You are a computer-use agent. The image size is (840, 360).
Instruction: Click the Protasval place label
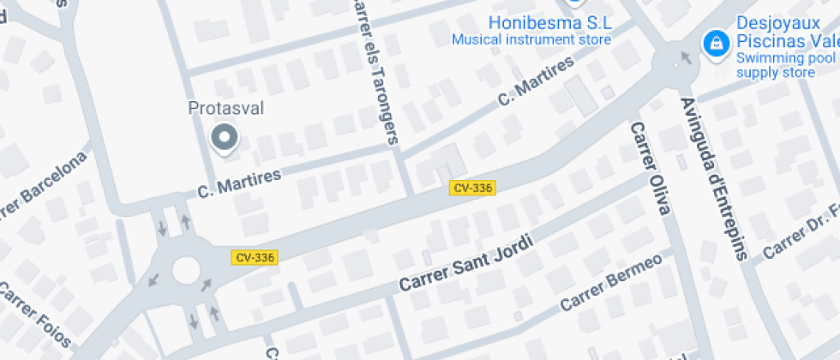point(226,109)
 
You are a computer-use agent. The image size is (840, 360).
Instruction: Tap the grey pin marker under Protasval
point(225,138)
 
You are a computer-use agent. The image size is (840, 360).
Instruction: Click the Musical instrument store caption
point(531,39)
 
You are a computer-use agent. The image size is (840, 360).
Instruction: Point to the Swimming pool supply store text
point(785,65)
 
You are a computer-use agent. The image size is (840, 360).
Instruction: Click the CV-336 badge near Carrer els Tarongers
point(472,187)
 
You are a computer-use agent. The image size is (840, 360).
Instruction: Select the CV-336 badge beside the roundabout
point(255,257)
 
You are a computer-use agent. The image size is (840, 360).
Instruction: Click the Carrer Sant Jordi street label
point(466,264)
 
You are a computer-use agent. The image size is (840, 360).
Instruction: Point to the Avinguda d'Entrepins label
point(714,178)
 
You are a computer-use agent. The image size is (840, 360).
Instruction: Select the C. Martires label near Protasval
point(239,182)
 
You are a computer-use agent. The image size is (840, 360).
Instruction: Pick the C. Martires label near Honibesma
point(535,82)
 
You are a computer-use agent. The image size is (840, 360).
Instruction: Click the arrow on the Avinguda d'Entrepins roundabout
point(684,58)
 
